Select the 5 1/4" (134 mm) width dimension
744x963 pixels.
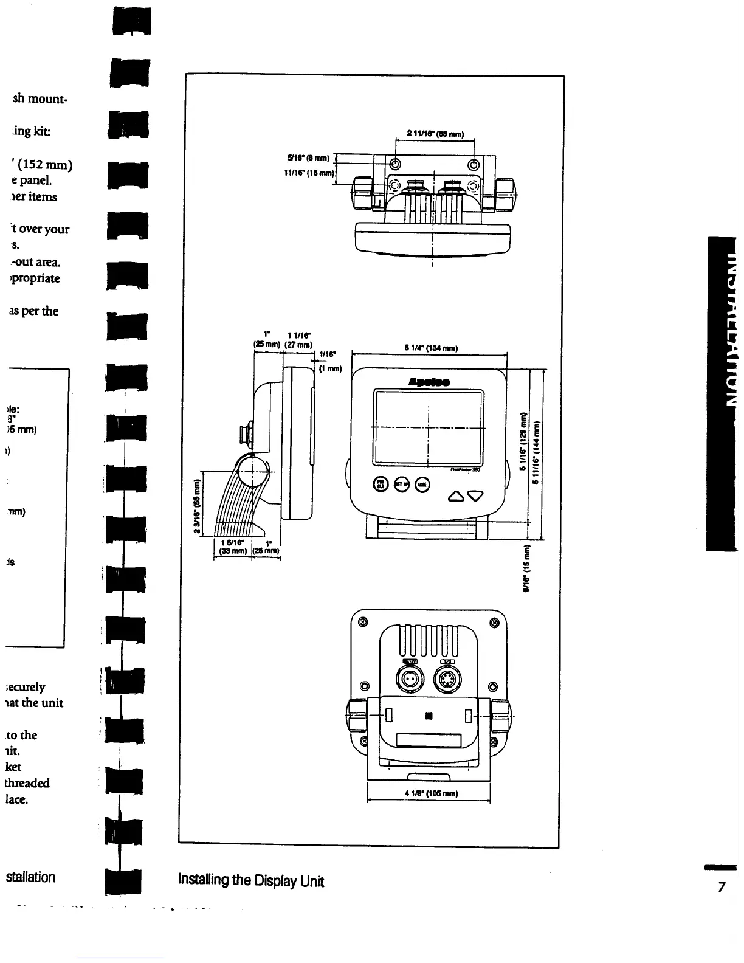tap(430, 348)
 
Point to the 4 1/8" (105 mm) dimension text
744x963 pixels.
tap(430, 793)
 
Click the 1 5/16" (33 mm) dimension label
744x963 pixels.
tap(232, 547)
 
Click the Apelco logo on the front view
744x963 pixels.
tap(429, 382)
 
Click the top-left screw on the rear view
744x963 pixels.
tap(363, 622)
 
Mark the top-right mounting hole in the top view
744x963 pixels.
tap(474, 164)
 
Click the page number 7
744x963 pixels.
tap(722, 888)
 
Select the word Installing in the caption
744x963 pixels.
tap(202, 880)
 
